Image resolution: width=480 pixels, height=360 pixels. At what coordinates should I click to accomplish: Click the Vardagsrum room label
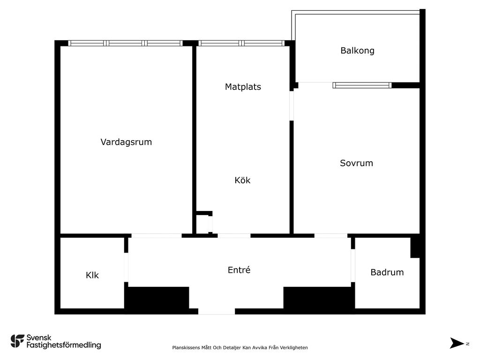tap(126, 142)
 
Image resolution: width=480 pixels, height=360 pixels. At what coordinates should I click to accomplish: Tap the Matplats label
tap(243, 87)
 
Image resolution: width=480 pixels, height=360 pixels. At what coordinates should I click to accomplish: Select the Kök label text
tap(243, 180)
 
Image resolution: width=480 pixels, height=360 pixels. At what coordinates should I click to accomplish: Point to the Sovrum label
tap(356, 163)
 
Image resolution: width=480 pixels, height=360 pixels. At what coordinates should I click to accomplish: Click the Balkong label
tap(357, 51)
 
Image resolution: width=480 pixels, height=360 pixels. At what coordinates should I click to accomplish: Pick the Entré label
tap(239, 270)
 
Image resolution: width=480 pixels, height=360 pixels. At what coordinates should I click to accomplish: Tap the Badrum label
tap(387, 272)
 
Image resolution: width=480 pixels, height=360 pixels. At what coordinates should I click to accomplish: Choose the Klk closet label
tap(92, 276)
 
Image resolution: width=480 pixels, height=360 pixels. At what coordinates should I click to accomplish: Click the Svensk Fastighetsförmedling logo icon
tap(17, 341)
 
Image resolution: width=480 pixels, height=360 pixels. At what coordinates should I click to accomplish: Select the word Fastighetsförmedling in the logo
tap(64, 345)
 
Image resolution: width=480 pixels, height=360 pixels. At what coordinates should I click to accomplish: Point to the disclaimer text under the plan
tap(240, 347)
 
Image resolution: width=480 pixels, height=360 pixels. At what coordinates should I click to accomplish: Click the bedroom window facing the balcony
tap(362, 85)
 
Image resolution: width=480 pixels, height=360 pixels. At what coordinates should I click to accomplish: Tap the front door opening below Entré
tap(217, 311)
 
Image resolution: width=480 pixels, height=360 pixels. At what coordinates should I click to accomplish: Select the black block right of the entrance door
tap(318, 298)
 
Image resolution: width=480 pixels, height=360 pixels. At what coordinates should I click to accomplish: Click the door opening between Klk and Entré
tap(126, 267)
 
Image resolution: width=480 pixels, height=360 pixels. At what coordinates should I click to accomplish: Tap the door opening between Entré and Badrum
tap(353, 265)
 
